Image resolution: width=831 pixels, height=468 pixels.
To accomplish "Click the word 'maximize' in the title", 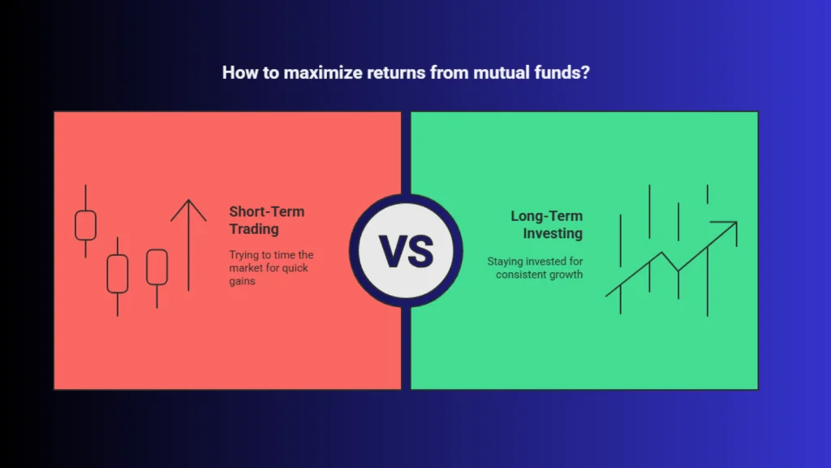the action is coord(323,72).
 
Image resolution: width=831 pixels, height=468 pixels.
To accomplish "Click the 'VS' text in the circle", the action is coord(406,251).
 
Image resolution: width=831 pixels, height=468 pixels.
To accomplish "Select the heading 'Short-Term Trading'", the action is coord(266,220).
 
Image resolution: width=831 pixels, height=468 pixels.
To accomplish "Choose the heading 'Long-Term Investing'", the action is coord(546,224).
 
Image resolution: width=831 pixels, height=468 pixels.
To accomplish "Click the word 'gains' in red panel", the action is coord(242,281).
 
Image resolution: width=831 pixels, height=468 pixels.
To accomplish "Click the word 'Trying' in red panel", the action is coord(243,255).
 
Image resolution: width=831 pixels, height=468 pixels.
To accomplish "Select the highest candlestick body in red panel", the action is coord(85,225).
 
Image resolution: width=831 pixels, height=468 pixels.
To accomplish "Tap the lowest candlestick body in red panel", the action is coord(117,274).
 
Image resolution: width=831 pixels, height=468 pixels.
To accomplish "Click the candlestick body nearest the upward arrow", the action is coord(157,266).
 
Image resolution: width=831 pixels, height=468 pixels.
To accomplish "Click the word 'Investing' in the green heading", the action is coord(553,233).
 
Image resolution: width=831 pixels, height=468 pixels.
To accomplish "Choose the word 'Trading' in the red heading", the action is coord(254,229).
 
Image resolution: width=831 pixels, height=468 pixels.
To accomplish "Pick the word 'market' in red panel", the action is coord(246,268).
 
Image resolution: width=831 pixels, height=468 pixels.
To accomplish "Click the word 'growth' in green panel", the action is coord(566,275).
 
